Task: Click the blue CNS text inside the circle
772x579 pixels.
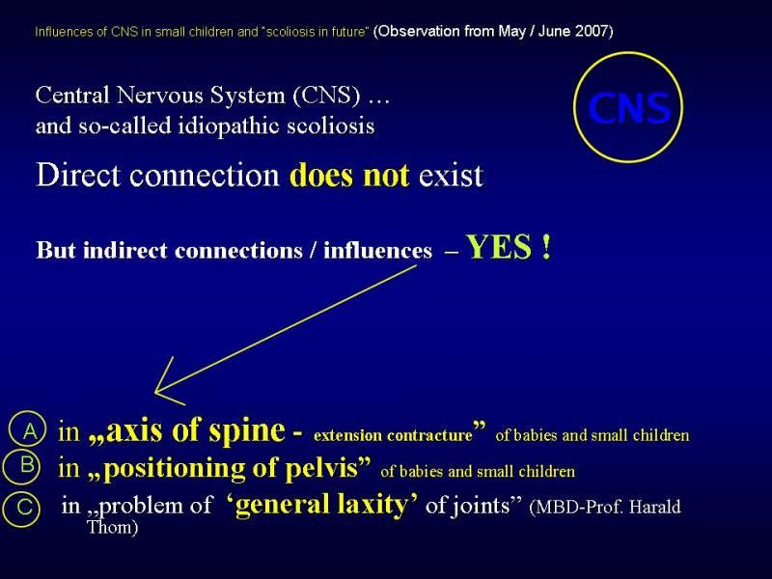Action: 629,108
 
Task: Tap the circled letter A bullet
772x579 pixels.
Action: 27,429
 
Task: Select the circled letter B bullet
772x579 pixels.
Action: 21,466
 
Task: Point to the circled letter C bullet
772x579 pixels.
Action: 20,509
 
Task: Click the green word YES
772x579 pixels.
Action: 499,247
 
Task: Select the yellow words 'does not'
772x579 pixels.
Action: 349,175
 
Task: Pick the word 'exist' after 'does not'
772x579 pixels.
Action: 451,176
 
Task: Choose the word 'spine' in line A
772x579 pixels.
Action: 247,431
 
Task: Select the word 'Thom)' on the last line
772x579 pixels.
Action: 112,527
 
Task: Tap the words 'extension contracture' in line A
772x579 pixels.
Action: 393,436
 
